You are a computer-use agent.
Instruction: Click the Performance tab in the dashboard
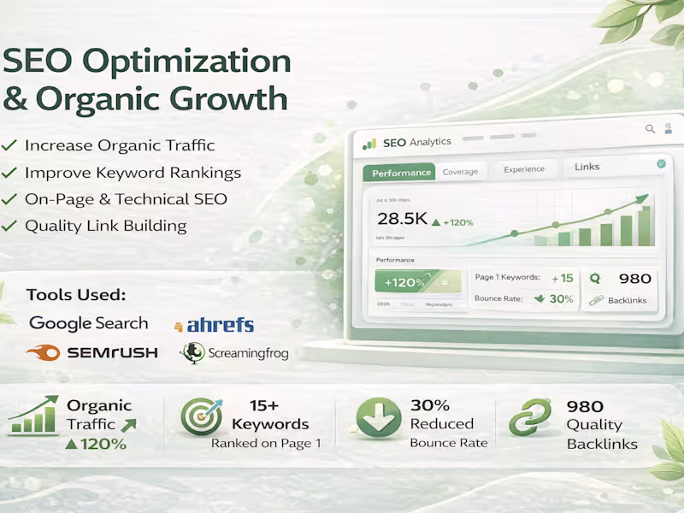400,172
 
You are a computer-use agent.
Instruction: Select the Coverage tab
460,172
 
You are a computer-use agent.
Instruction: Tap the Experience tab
523,169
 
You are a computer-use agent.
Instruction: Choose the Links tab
587,167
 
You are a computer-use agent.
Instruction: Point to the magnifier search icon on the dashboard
650,129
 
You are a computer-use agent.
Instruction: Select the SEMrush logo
92,352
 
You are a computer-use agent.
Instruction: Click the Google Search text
88,323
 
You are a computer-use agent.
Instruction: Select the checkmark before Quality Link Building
9,227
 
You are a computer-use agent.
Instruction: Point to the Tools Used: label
76,295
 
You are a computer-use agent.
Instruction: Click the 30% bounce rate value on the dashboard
560,299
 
